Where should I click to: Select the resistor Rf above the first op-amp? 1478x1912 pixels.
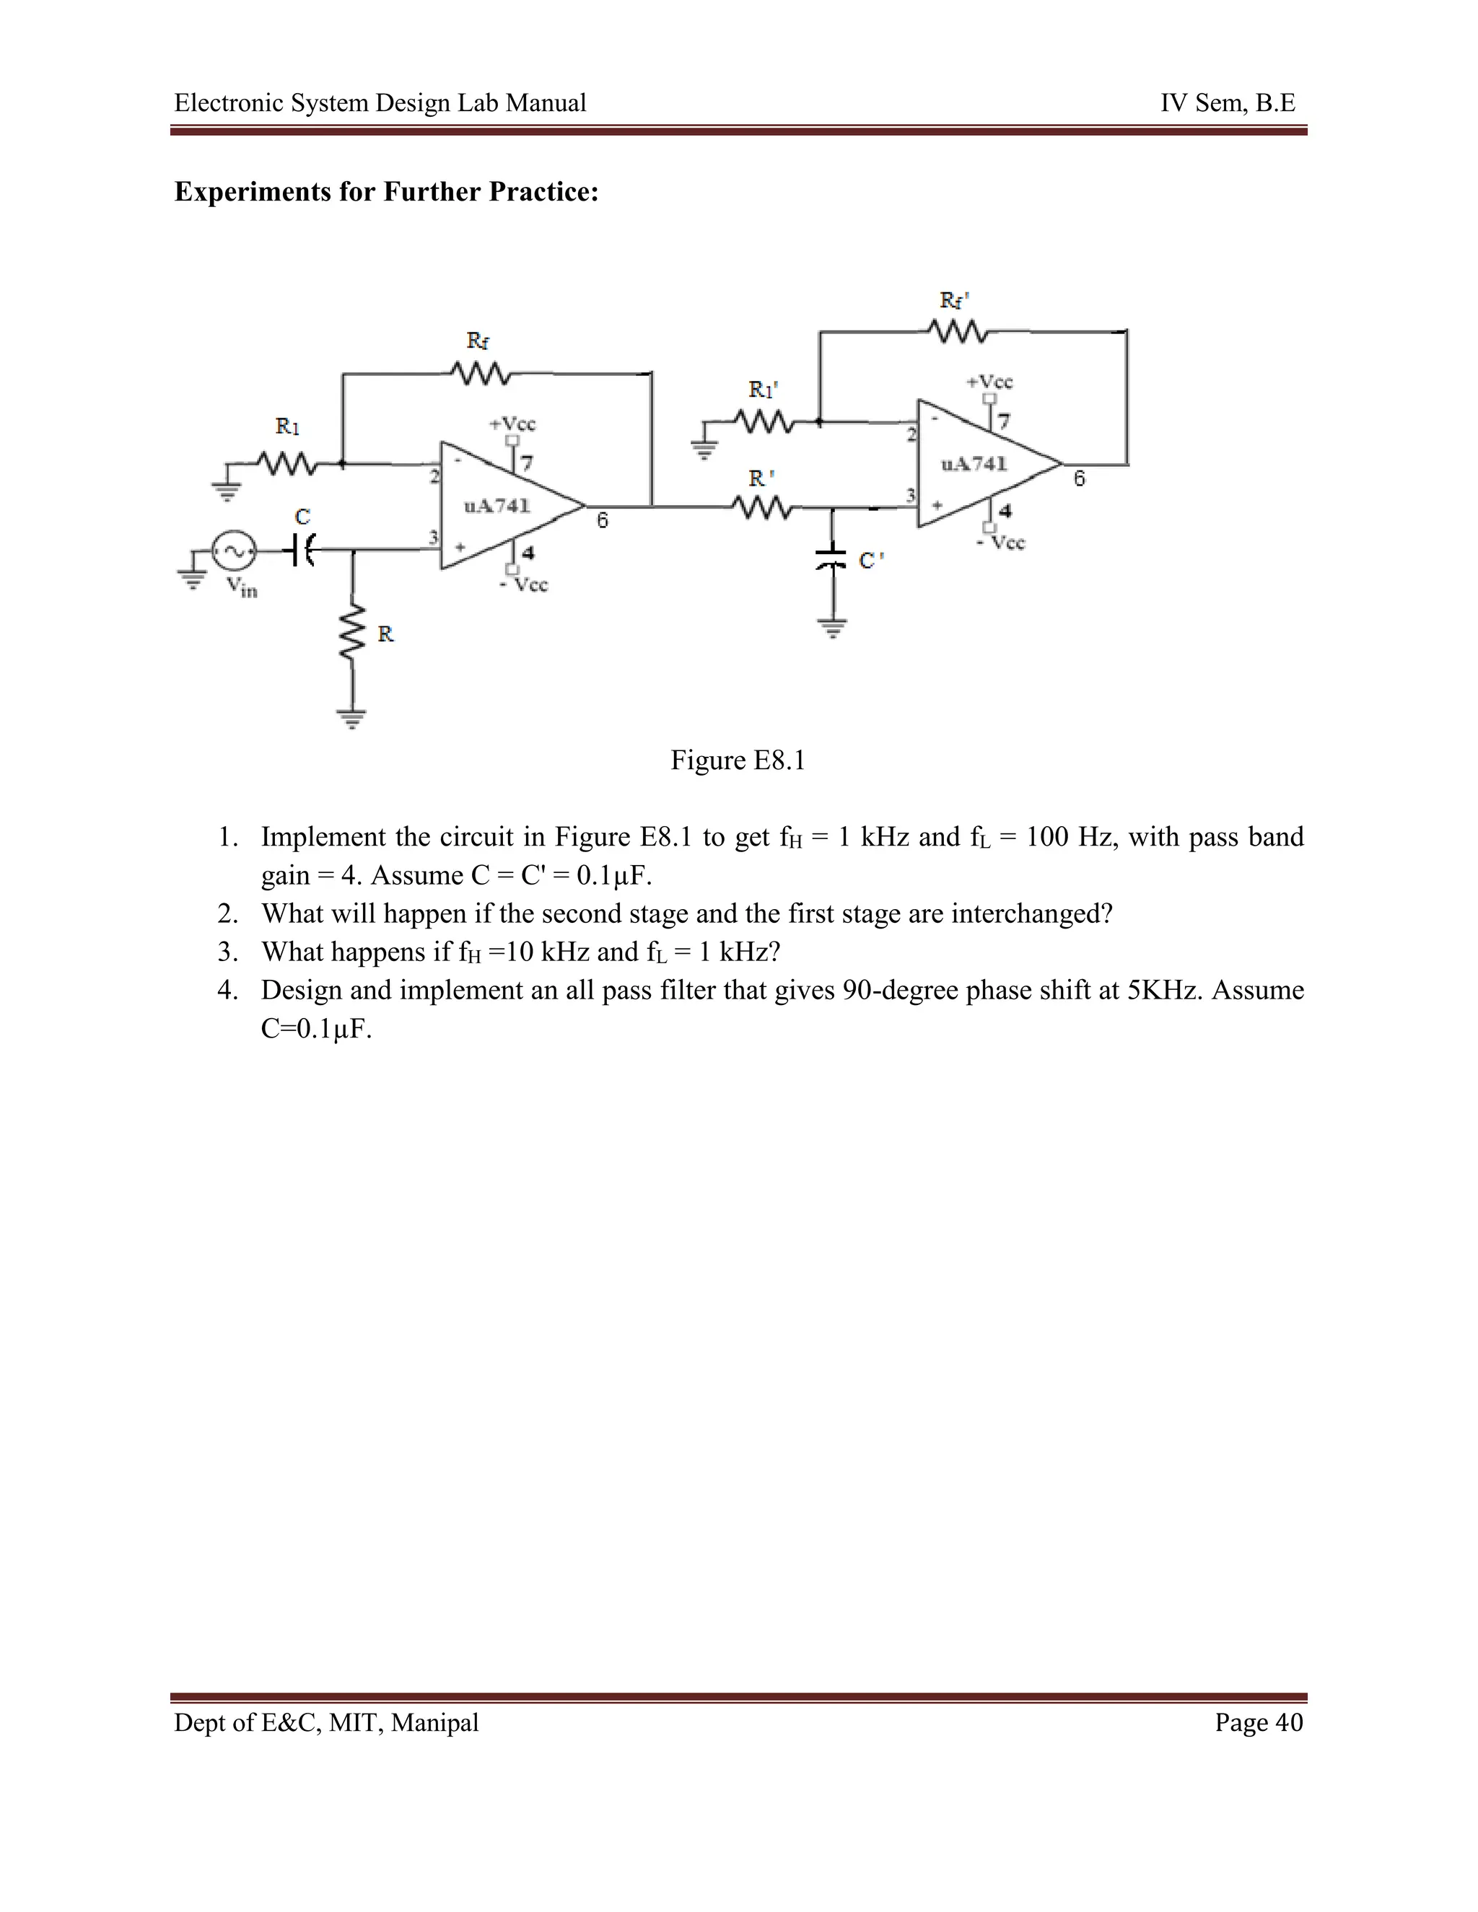pos(481,374)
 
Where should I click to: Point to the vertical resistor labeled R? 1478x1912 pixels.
pos(352,632)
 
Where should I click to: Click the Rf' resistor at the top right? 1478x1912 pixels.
pos(958,332)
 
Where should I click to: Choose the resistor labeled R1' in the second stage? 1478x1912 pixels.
pos(764,423)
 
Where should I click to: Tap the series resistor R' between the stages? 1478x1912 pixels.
pos(762,506)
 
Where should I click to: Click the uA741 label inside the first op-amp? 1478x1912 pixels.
pos(497,506)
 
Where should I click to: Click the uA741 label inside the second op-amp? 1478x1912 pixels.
pos(974,464)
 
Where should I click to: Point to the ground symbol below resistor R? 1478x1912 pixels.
pos(352,719)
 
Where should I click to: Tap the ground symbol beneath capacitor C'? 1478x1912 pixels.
pos(833,628)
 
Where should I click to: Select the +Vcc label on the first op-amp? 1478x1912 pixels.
pos(512,424)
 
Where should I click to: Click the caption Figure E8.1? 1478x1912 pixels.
pos(738,760)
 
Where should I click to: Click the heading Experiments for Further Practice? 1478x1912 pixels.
pos(386,192)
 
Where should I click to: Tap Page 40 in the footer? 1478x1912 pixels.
pos(1258,1722)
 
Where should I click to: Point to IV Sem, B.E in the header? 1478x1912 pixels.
pos(1228,103)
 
